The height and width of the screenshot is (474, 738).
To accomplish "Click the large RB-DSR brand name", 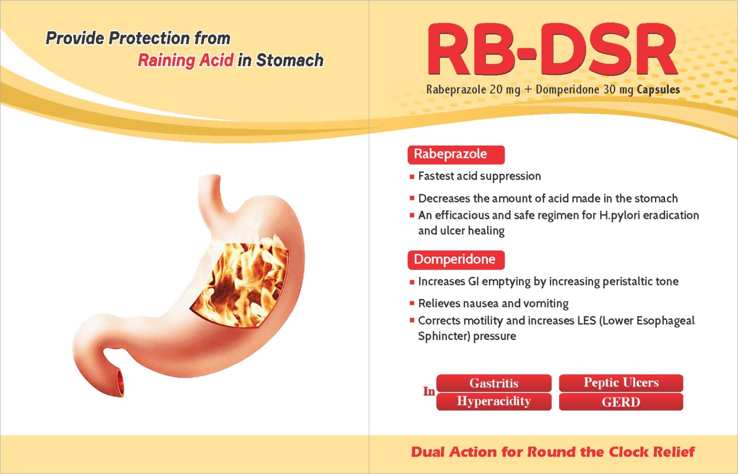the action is point(552,50).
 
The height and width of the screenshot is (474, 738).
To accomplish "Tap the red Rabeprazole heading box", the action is point(456,155).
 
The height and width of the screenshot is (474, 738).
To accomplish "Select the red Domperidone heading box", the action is point(456,260).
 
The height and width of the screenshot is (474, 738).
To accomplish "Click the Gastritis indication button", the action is point(494,383).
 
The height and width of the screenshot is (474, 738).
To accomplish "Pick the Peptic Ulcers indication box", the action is point(621,383).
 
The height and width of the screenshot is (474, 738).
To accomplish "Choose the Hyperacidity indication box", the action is point(494,401).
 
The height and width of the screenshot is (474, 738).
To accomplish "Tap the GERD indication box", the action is point(621,401).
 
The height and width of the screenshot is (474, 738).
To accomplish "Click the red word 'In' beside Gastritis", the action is point(429,392).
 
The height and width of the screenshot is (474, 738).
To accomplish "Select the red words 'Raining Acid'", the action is point(185,60).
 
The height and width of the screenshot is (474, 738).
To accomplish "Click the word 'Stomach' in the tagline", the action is point(290,60).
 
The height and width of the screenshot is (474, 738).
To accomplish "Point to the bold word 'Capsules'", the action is point(658,89).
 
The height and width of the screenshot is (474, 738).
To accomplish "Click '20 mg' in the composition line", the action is point(505,90).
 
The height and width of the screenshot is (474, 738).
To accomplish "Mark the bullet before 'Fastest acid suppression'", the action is point(412,177).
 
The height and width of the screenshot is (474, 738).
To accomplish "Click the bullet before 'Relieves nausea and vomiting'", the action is point(412,303).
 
